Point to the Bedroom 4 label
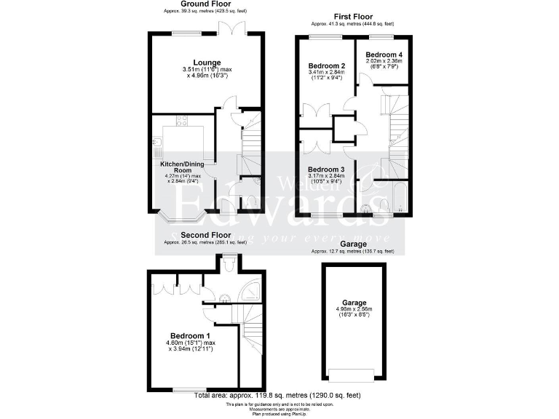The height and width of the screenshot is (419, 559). pyautogui.click(x=384, y=55)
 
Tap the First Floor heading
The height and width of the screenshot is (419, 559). pyautogui.click(x=353, y=15)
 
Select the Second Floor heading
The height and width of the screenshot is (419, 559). pyautogui.click(x=206, y=235)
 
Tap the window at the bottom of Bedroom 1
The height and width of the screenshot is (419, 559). pyautogui.click(x=187, y=390)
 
